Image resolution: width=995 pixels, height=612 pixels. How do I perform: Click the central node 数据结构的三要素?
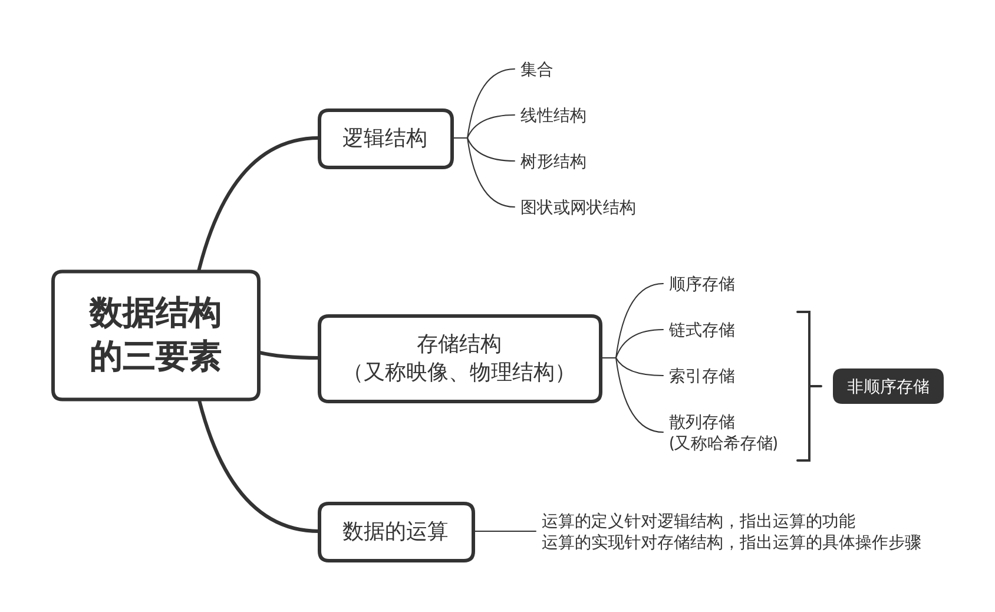click(156, 335)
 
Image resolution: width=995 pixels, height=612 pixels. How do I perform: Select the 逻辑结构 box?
click(386, 139)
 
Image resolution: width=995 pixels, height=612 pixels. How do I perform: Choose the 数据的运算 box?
click(396, 531)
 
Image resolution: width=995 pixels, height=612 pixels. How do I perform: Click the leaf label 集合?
click(536, 70)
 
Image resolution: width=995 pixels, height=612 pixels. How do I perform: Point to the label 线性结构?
click(552, 116)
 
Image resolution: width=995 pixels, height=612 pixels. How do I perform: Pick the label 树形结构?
click(552, 162)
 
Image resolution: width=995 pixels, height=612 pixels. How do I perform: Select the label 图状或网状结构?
click(577, 208)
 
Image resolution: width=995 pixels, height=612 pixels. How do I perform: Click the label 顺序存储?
click(701, 284)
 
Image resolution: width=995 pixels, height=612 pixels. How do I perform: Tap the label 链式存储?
click(701, 330)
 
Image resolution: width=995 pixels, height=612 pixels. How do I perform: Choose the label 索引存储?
click(701, 376)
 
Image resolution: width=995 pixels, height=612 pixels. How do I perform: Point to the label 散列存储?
click(701, 422)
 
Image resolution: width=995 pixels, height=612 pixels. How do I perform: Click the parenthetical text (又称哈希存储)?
click(723, 443)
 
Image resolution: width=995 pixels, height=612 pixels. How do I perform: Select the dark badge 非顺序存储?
click(888, 387)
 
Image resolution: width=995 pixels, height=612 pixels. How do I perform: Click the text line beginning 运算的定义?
click(698, 521)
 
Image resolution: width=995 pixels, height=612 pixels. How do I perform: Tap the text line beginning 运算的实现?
click(731, 542)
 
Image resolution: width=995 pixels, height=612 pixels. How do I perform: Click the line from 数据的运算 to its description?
click(505, 531)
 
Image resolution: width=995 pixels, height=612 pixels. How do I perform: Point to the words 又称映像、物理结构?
click(459, 373)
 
